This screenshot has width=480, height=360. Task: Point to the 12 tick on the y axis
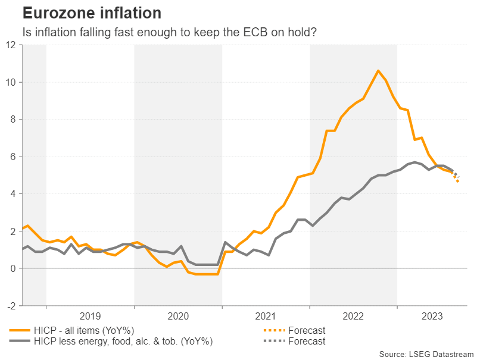(12, 45)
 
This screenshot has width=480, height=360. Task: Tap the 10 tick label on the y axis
(12, 82)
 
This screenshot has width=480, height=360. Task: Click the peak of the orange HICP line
(378, 71)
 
